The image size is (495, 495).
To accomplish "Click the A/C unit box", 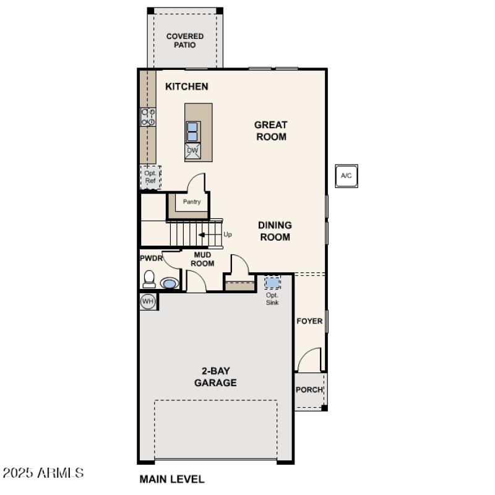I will (346, 176).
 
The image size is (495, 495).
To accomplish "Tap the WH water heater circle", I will (147, 301).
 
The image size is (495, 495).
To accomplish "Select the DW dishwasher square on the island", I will (192, 150).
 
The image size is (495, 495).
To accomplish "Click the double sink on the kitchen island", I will (192, 131).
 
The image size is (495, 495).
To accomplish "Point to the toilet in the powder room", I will (149, 280).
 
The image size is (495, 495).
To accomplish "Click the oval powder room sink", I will (169, 283).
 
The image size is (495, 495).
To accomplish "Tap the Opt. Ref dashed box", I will (150, 177).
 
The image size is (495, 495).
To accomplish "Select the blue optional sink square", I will (272, 283).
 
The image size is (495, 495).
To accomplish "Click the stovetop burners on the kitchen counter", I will (148, 117).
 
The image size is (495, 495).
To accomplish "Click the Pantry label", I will (191, 202).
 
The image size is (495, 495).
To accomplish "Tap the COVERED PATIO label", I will (184, 41).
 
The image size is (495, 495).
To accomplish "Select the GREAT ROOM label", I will (271, 131).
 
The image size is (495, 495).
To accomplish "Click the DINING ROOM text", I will (275, 231).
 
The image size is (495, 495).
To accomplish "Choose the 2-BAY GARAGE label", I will (215, 377).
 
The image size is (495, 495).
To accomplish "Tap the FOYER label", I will (309, 321).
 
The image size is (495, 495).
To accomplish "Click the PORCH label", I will (309, 390).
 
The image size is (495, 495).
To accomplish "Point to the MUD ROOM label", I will (202, 259).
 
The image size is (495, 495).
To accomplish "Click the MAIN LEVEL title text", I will (171, 479).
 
